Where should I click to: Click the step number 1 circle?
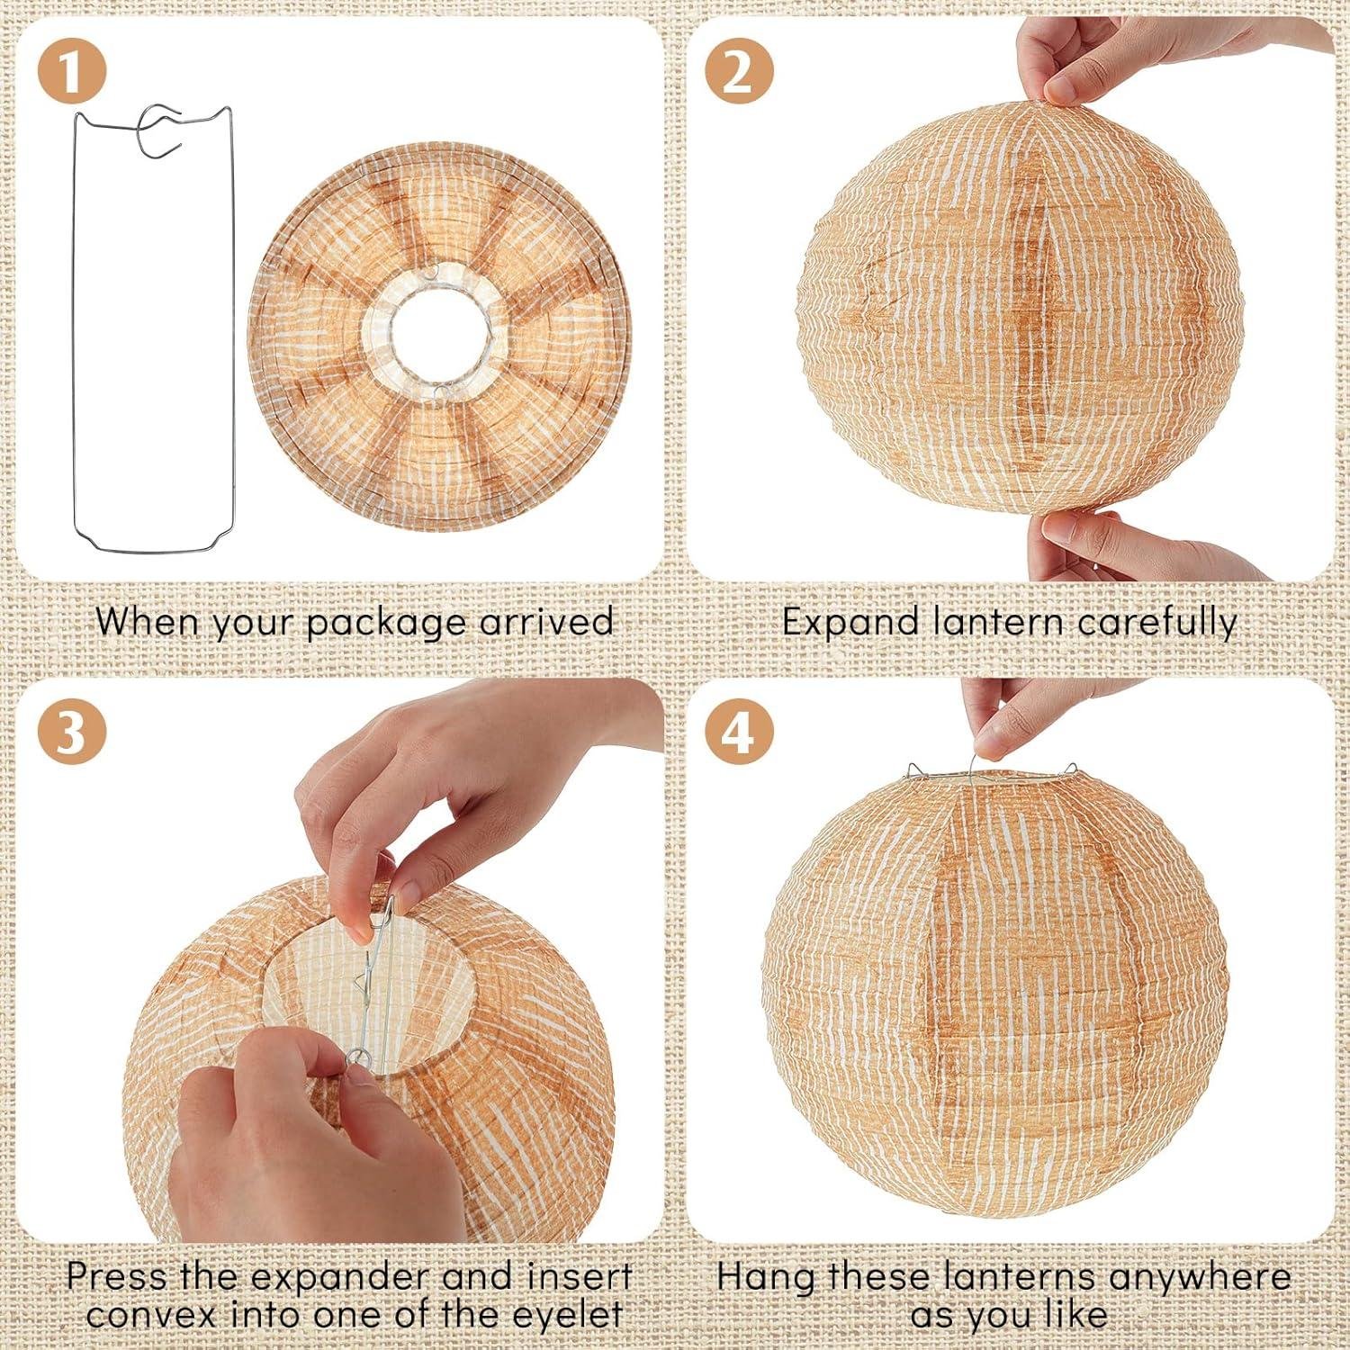tap(72, 71)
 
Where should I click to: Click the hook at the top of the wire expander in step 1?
tap(161, 130)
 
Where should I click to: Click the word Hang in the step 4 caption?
tap(766, 1276)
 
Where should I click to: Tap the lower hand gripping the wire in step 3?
tap(297, 1143)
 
